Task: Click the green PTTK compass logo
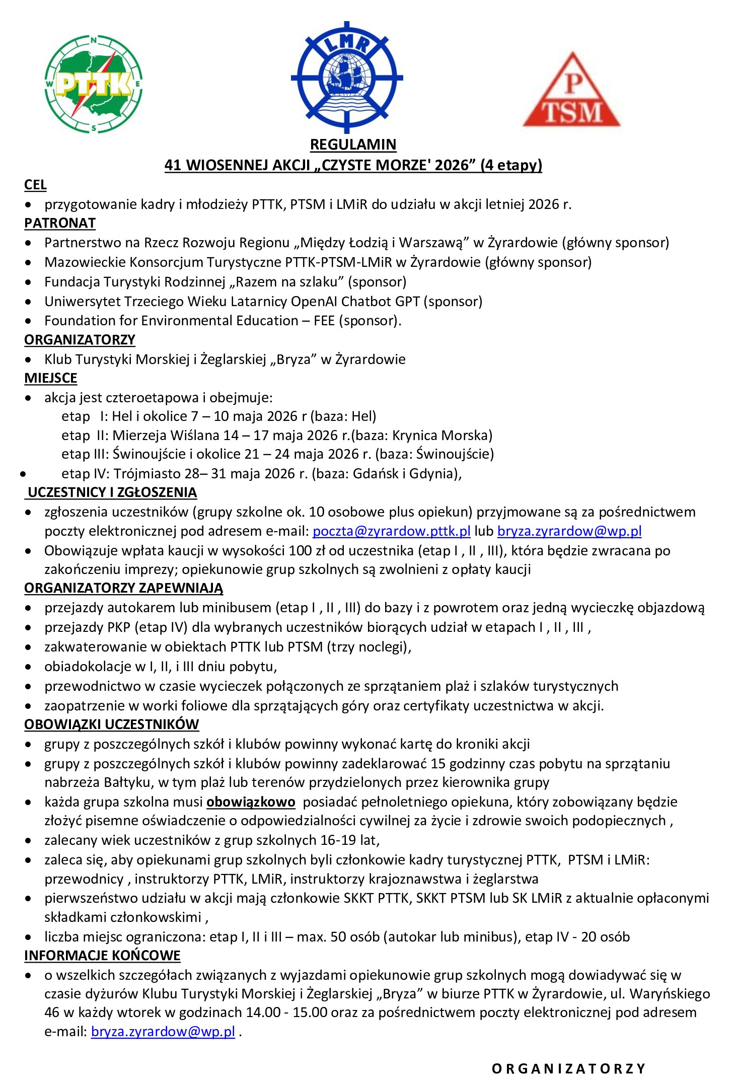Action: click(x=94, y=84)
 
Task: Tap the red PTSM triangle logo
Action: click(x=571, y=91)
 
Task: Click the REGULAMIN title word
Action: click(x=353, y=145)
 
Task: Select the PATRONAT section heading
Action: click(x=60, y=223)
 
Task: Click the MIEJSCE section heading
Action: click(x=51, y=378)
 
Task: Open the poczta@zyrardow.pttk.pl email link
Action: click(x=391, y=531)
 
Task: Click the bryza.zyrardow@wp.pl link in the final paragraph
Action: click(x=163, y=1032)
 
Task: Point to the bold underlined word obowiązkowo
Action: click(x=251, y=802)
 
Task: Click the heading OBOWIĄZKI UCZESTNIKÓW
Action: click(x=112, y=725)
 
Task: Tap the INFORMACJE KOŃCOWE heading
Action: click(x=102, y=956)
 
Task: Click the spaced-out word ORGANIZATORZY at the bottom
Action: click(x=568, y=1068)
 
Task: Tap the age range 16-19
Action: click(x=338, y=840)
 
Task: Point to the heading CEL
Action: click(x=35, y=185)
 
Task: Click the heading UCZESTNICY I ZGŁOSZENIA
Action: click(x=112, y=492)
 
